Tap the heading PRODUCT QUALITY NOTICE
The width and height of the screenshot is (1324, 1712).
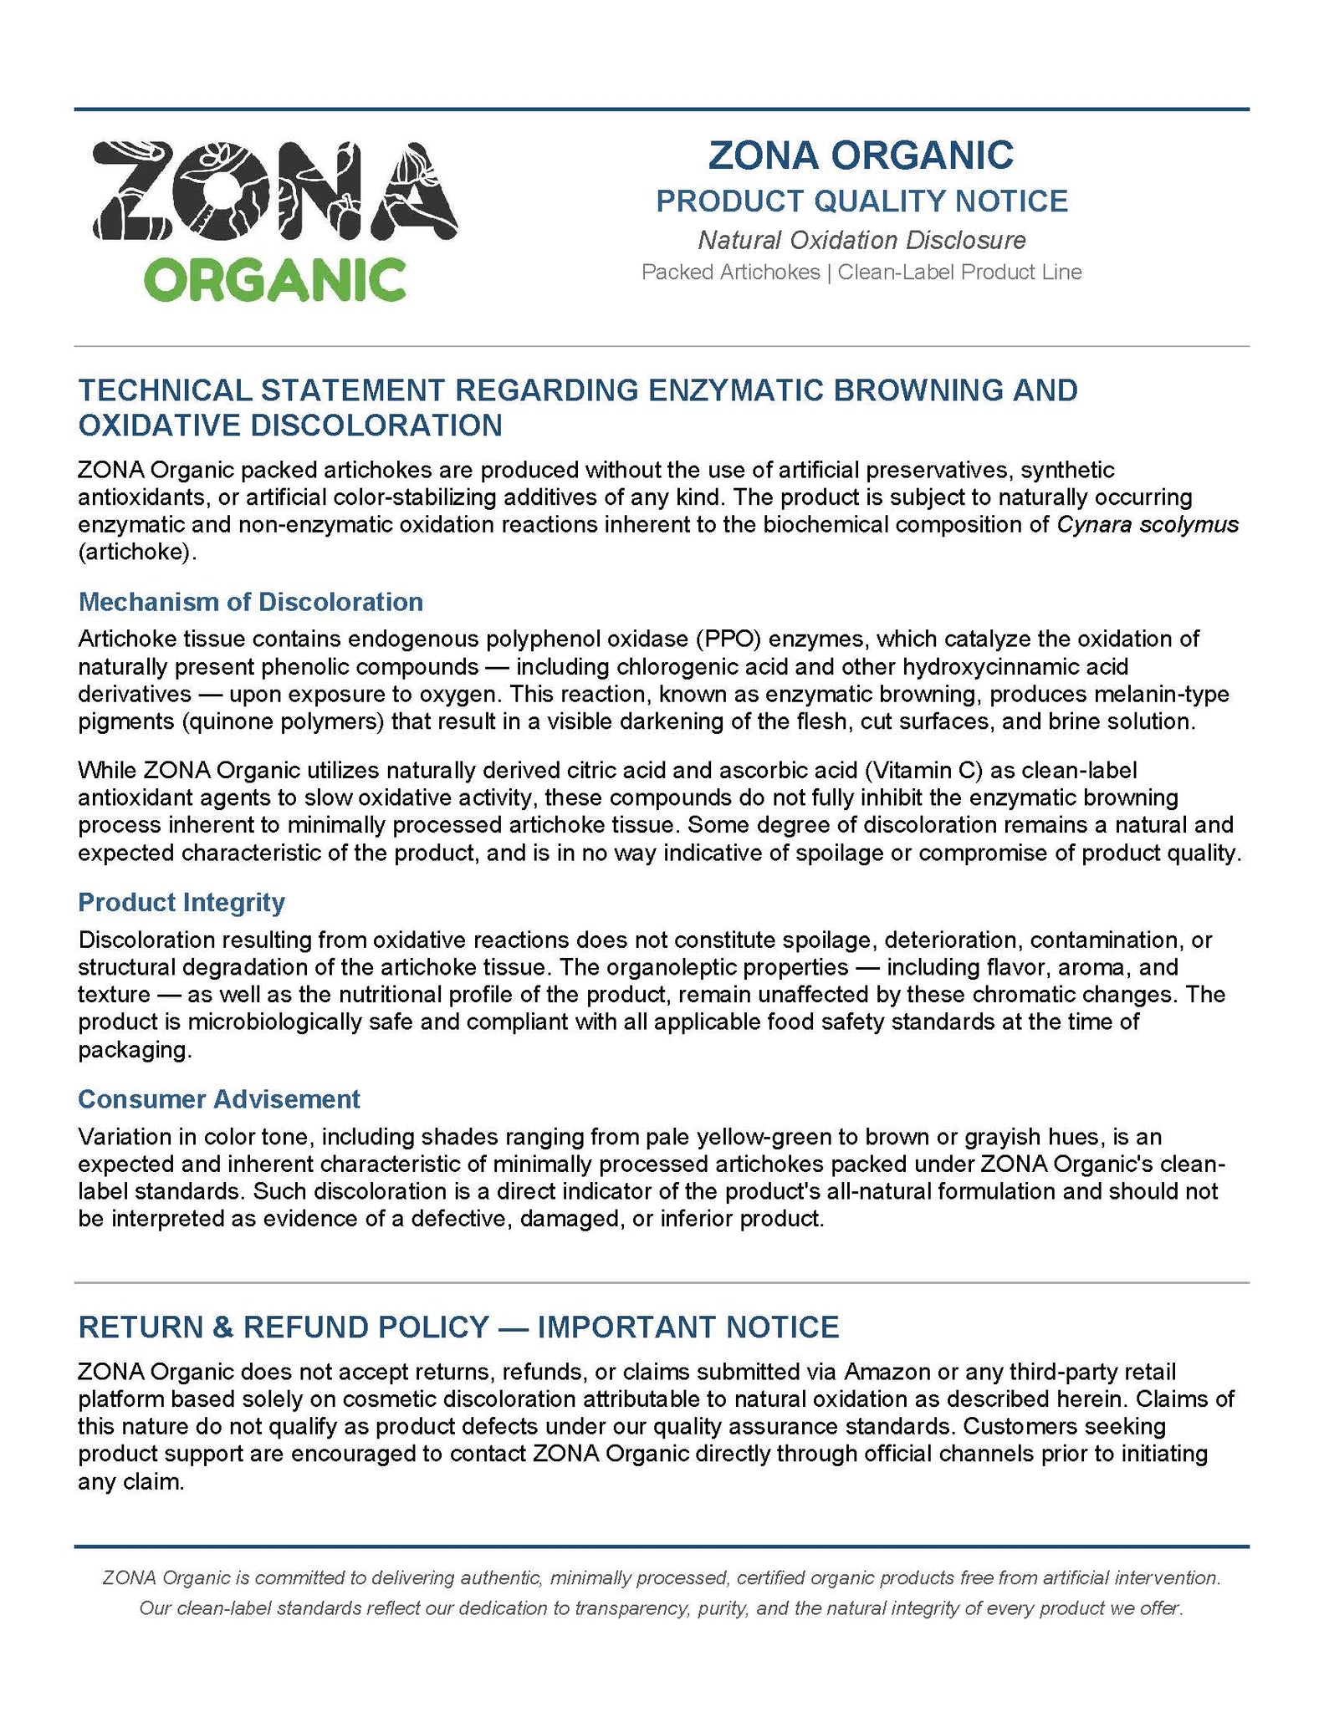[x=861, y=201]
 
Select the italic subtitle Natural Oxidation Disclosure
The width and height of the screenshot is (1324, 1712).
[x=861, y=241]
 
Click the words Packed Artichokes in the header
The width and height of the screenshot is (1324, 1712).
[x=730, y=273]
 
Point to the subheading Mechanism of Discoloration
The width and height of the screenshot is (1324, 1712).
[x=250, y=602]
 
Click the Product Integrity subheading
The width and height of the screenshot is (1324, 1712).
[x=181, y=902]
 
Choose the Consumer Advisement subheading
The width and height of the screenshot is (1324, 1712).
[x=218, y=1098]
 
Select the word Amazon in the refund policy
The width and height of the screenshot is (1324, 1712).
[x=887, y=1372]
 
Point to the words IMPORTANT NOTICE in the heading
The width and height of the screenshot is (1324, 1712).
[x=688, y=1327]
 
